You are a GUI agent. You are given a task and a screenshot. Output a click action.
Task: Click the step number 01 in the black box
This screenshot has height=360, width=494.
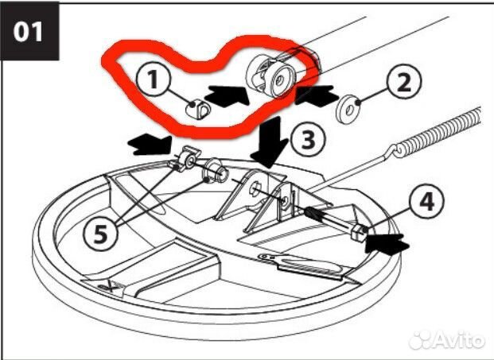28,32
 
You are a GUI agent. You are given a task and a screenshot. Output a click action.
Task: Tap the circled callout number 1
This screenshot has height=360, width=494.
154,79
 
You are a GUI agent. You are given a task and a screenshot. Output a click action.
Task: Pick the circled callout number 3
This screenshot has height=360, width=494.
308,140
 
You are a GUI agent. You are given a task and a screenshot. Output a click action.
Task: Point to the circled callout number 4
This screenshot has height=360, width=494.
427,201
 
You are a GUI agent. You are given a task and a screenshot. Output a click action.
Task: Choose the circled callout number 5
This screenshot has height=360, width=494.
100,234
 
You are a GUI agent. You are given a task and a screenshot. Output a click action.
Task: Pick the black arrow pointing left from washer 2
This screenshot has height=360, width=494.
315,95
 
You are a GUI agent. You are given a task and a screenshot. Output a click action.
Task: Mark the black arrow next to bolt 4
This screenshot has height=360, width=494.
387,243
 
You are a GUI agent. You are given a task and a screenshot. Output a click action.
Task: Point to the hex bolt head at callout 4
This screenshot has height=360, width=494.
358,232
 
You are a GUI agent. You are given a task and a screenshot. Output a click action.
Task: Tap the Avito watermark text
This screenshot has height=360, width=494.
447,340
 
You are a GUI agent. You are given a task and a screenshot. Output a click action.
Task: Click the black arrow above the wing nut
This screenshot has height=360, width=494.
150,144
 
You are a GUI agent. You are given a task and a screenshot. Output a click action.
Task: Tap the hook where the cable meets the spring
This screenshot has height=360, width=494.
393,151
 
